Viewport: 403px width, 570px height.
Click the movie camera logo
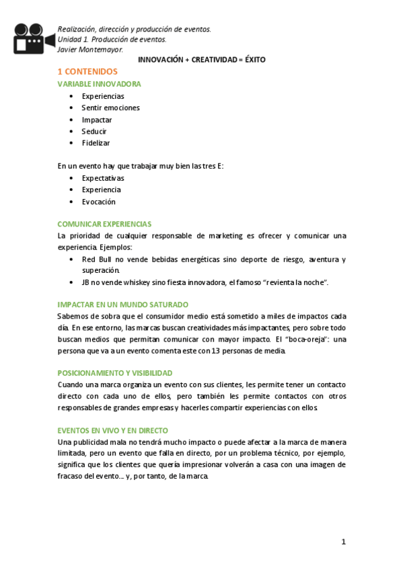click(32, 38)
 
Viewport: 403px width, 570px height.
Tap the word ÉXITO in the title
click(252, 60)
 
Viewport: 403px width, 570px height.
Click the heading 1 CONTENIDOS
click(87, 72)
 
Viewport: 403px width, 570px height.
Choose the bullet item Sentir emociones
click(110, 108)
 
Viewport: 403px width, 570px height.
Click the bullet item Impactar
click(97, 120)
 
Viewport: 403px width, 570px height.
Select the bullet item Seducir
click(94, 131)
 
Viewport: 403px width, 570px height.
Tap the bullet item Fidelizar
click(96, 143)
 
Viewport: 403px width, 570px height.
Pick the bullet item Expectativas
click(103, 178)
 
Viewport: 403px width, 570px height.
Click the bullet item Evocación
click(99, 202)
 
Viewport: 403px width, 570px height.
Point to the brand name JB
click(87, 282)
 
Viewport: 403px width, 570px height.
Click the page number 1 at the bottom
click(343, 542)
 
